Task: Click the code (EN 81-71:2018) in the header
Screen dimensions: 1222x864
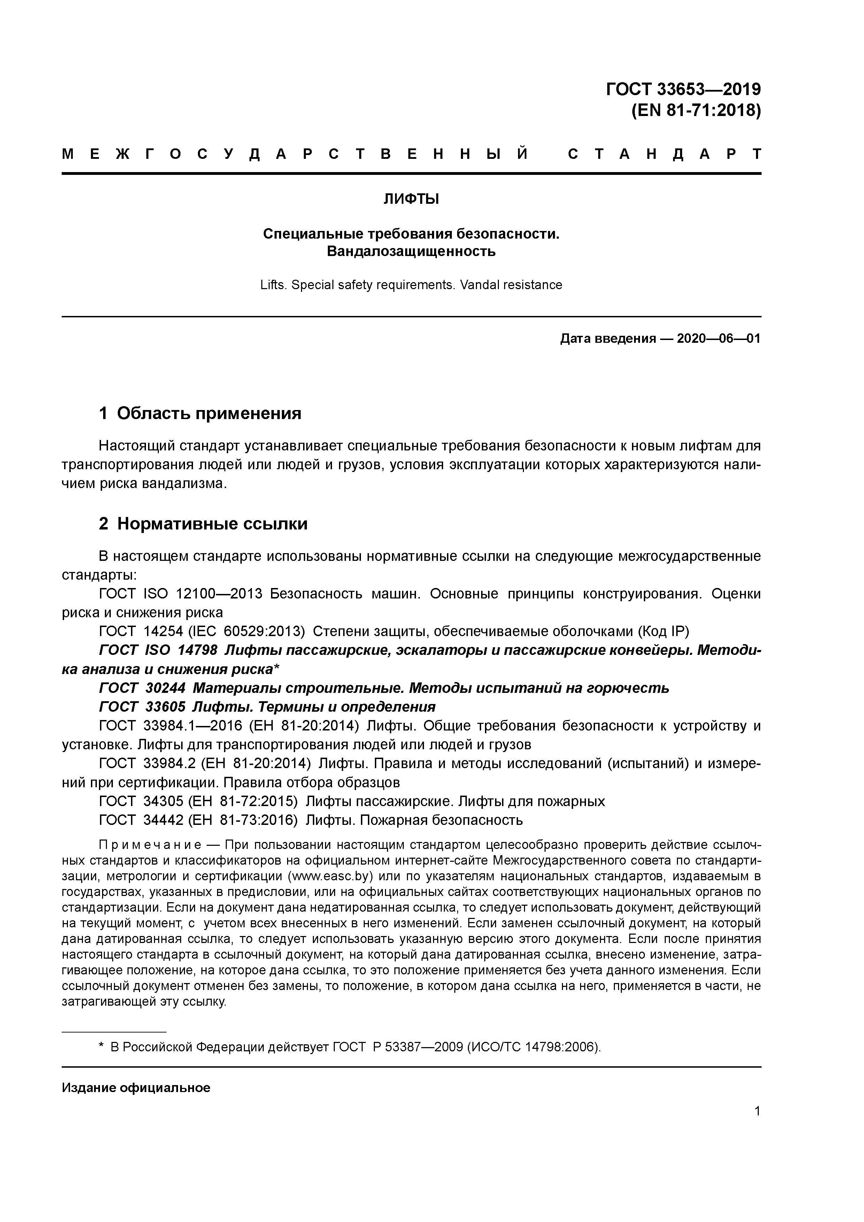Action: (696, 111)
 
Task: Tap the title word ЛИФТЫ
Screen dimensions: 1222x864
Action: (411, 199)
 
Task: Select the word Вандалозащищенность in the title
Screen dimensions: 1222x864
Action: (411, 251)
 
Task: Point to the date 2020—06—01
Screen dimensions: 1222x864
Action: (718, 339)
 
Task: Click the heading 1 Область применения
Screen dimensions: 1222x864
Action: (200, 413)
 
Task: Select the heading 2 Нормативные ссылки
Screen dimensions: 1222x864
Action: (203, 524)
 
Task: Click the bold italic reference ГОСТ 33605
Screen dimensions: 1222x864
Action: (142, 707)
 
